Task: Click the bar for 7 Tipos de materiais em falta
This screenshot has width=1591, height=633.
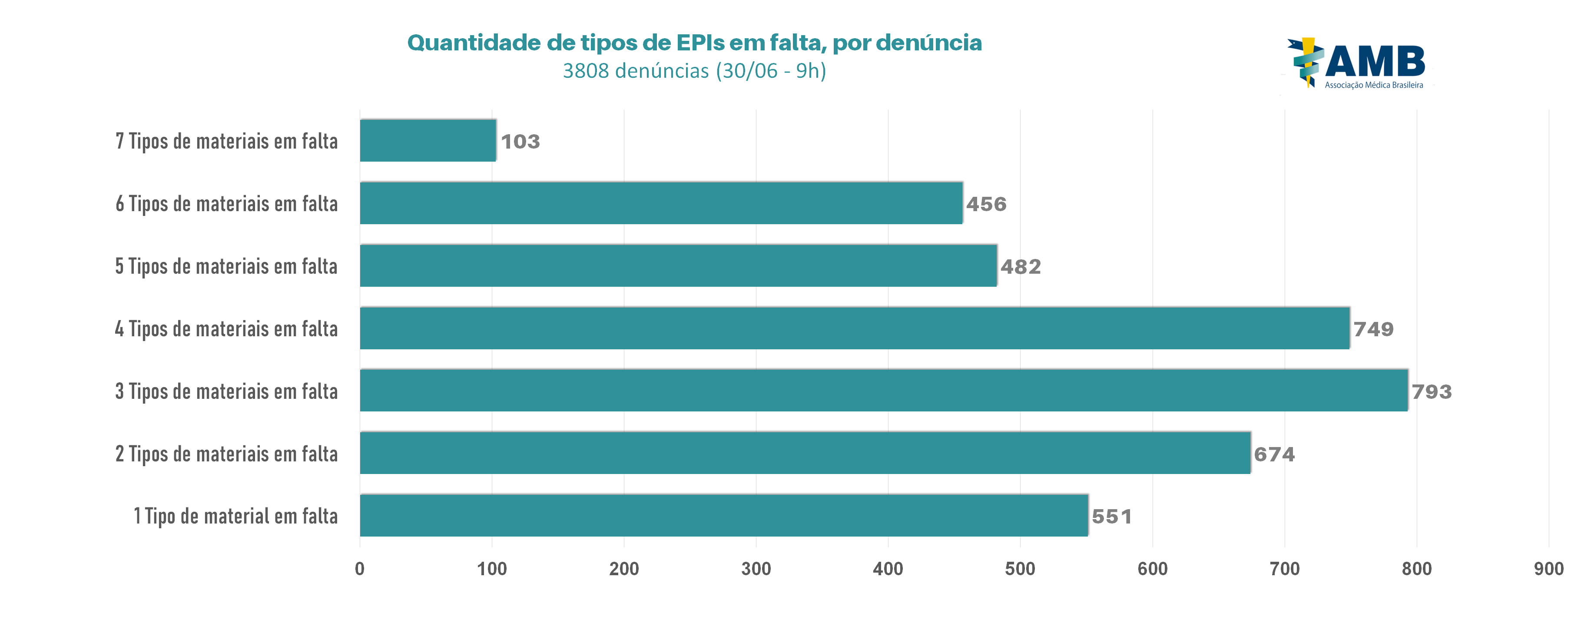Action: click(x=428, y=141)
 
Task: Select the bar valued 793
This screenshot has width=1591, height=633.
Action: click(x=883, y=390)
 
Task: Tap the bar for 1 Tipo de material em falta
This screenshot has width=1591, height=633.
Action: click(x=723, y=515)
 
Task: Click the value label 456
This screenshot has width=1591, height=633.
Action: click(x=986, y=204)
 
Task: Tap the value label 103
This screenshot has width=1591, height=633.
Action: click(x=520, y=142)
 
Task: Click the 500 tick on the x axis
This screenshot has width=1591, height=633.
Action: click(x=1020, y=569)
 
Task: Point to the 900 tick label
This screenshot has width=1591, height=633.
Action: click(x=1548, y=569)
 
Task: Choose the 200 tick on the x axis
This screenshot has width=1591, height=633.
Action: click(x=624, y=569)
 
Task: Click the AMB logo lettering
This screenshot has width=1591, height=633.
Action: click(x=1374, y=61)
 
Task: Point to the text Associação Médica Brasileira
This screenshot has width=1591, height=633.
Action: click(x=1374, y=85)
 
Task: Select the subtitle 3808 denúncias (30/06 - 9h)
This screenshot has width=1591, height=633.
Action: click(x=694, y=71)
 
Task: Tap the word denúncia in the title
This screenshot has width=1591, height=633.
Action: click(x=928, y=43)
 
